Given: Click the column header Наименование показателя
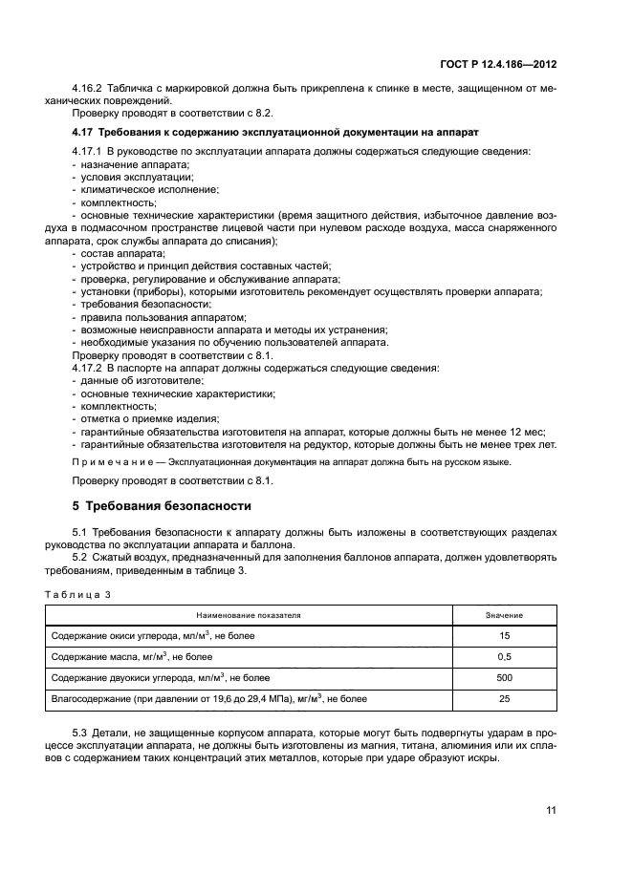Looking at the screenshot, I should pos(249,616).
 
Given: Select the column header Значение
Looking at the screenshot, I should pos(504,616).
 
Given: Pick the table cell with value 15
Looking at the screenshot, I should pos(504,635).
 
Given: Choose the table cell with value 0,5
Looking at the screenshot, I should pos(504,656).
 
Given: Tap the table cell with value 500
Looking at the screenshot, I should pos(504,677).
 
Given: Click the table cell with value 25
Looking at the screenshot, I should pos(504,699).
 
